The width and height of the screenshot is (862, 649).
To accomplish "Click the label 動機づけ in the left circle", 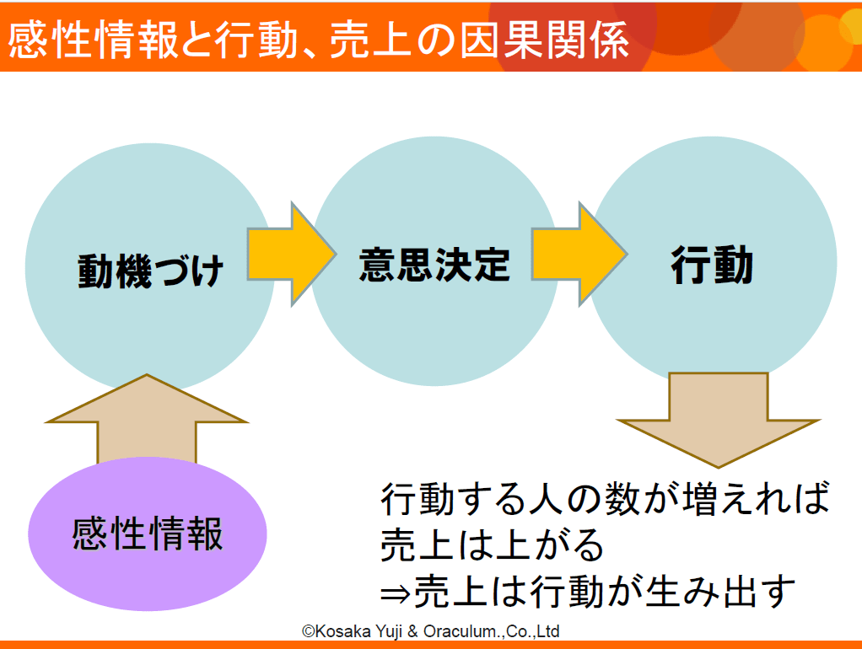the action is pyautogui.click(x=150, y=271).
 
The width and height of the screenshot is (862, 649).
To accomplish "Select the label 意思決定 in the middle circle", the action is pyautogui.click(x=434, y=265).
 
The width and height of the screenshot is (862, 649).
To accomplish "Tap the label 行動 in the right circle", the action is pyautogui.click(x=712, y=265).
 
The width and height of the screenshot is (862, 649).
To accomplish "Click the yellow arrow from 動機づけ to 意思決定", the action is pyautogui.click(x=291, y=254).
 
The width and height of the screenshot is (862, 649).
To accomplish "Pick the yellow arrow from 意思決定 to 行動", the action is pyautogui.click(x=579, y=254).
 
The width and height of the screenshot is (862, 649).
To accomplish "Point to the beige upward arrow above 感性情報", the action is pyautogui.click(x=147, y=419).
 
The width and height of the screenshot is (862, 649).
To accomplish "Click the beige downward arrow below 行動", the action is pyautogui.click(x=718, y=421).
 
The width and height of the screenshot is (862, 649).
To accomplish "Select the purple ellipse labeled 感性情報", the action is pyautogui.click(x=148, y=534).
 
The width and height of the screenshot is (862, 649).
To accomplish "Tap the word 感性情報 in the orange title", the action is pyautogui.click(x=93, y=40).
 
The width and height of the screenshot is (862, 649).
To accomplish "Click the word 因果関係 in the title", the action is pyautogui.click(x=544, y=40).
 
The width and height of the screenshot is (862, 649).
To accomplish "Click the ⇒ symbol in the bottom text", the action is pyautogui.click(x=396, y=593).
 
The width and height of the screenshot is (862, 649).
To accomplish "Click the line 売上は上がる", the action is pyautogui.click(x=492, y=544).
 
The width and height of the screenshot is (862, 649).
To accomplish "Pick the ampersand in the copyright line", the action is pyautogui.click(x=412, y=631).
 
